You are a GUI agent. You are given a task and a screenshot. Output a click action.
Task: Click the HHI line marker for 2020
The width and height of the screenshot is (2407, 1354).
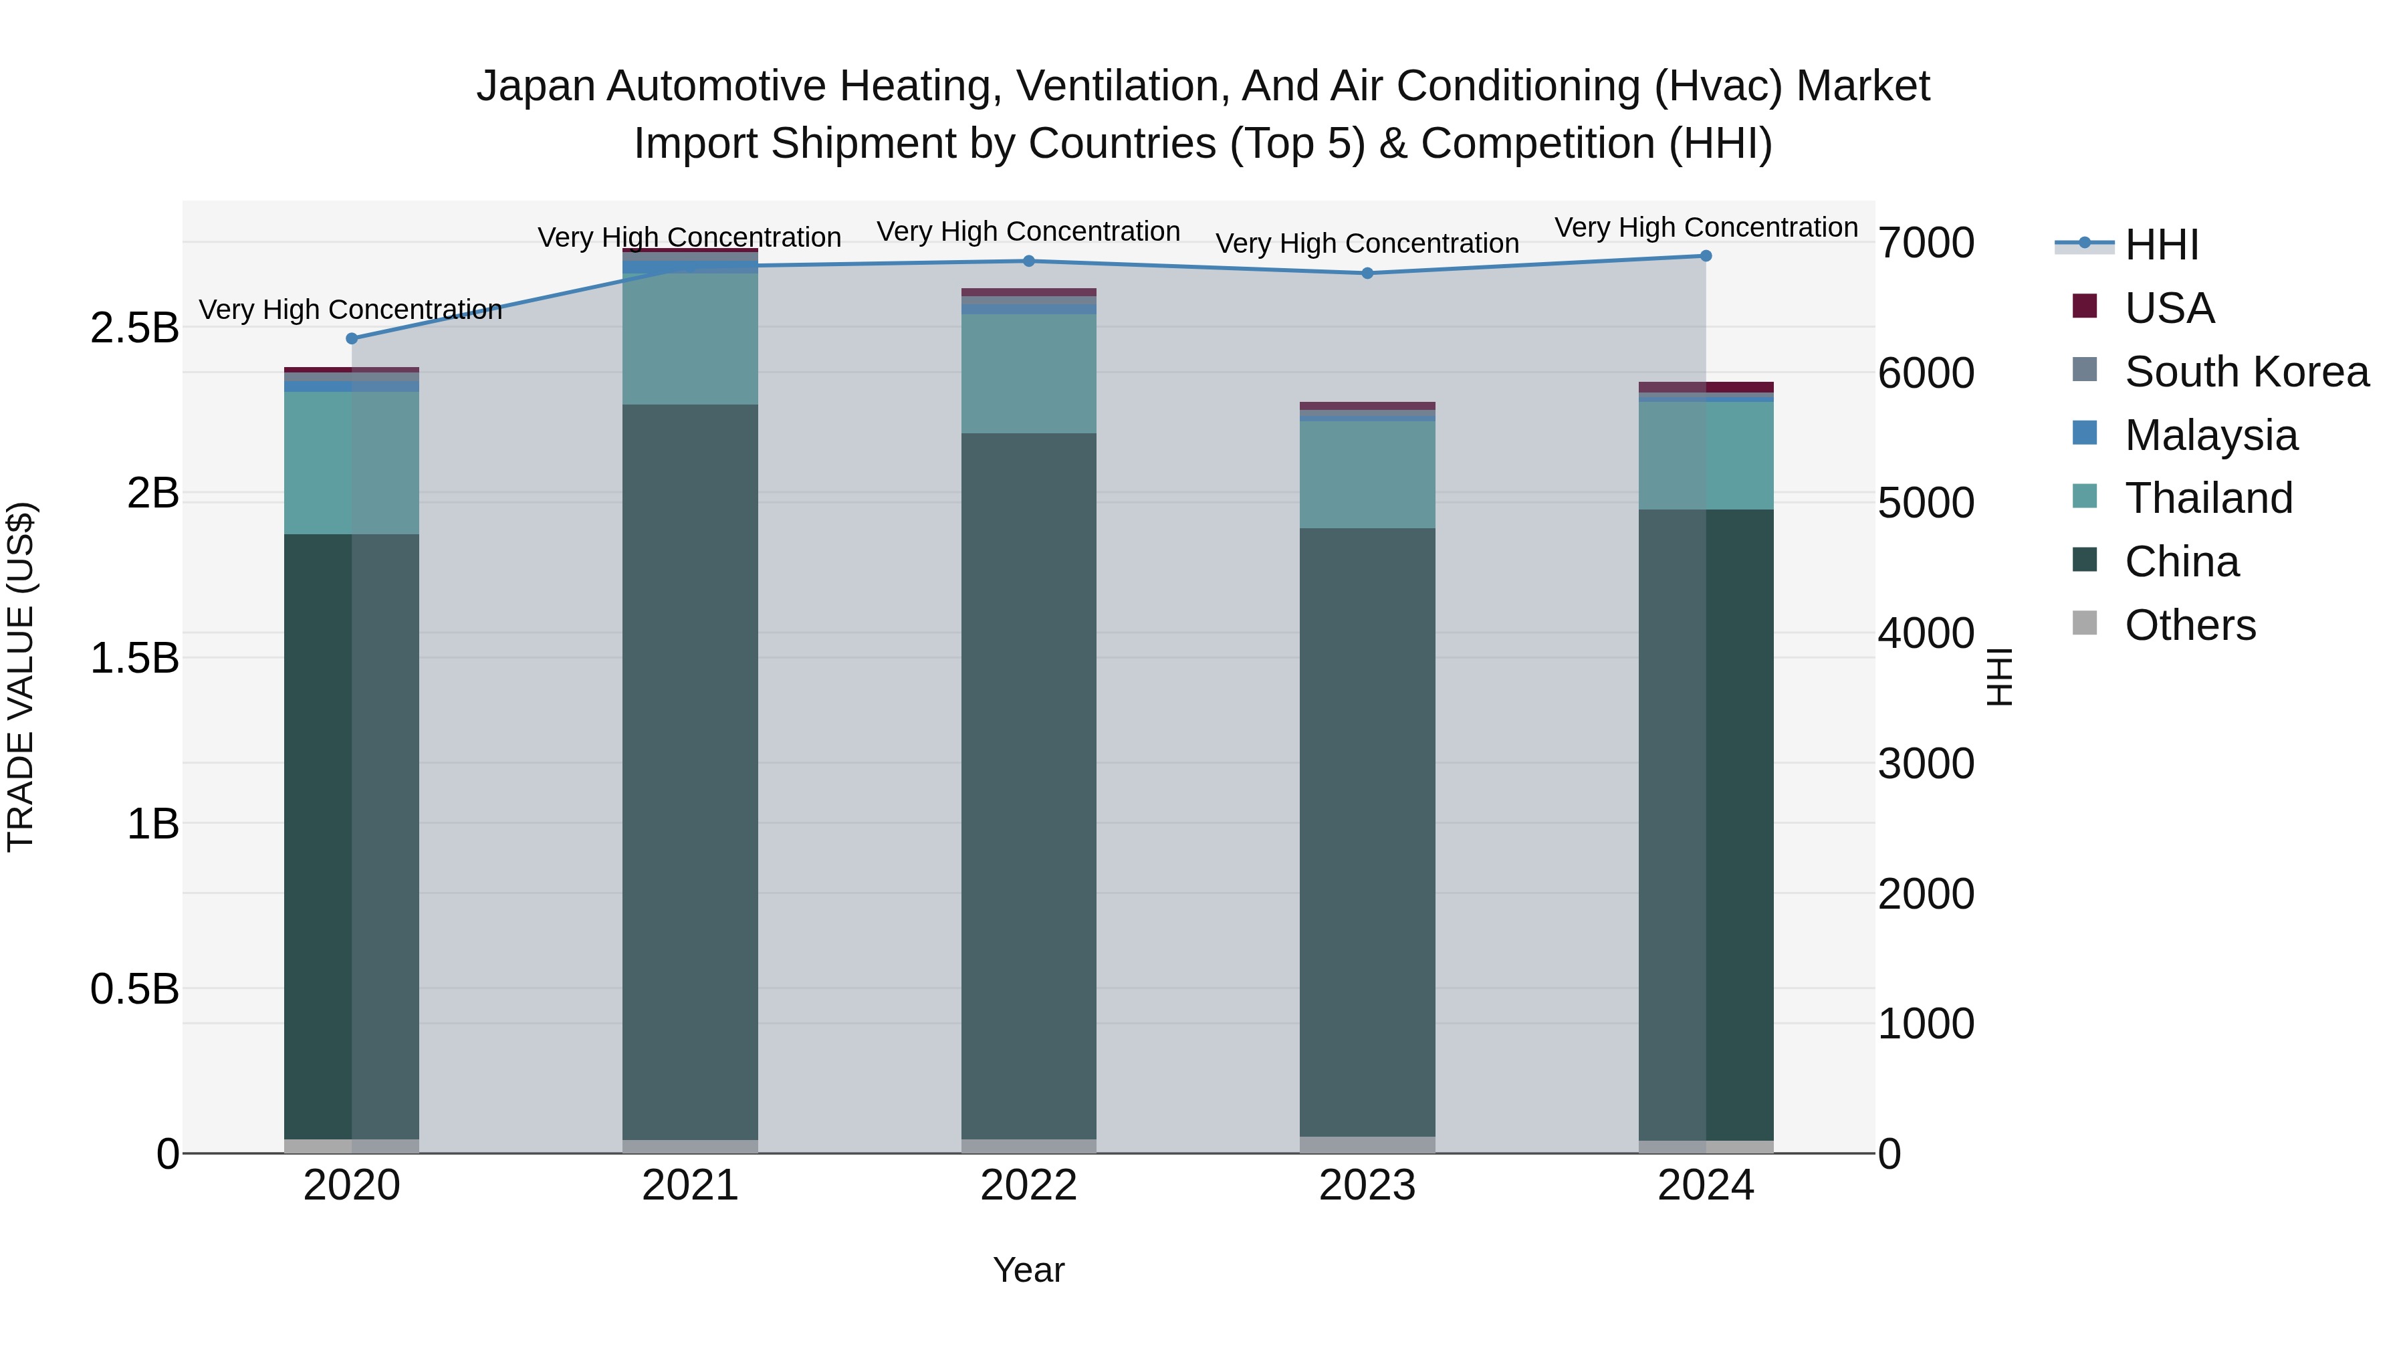[351, 338]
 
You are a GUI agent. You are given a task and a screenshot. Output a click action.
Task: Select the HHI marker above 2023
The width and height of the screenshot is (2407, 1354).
[1367, 273]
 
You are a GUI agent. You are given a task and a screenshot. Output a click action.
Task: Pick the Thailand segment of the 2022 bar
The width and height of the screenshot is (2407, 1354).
[1029, 374]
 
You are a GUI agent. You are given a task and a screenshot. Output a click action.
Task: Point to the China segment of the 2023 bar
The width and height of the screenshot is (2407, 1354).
[1367, 832]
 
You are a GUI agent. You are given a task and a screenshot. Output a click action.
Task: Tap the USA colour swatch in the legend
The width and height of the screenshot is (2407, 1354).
[2085, 306]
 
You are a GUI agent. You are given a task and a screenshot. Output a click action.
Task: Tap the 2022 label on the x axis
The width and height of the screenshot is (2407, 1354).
[1029, 1186]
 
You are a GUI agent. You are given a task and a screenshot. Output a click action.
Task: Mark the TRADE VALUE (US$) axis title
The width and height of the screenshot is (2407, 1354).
[21, 677]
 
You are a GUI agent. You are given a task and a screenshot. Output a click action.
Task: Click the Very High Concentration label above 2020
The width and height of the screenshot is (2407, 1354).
[350, 310]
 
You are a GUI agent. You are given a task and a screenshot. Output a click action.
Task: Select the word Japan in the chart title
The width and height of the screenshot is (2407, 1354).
[536, 86]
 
